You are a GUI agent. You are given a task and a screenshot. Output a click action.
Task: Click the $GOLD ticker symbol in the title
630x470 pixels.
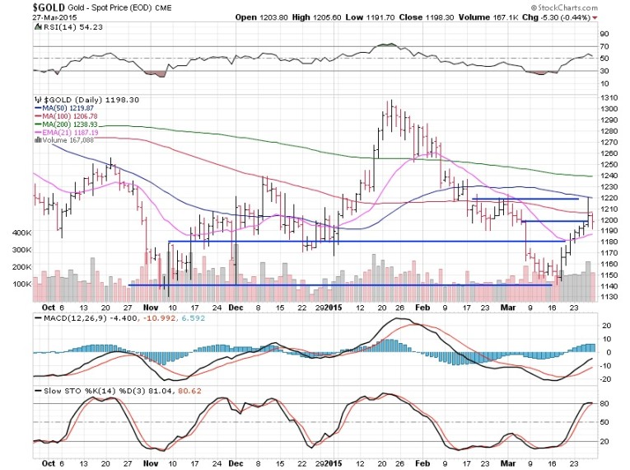(x=22, y=6)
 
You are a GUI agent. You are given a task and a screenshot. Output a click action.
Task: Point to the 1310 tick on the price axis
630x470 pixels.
(x=609, y=98)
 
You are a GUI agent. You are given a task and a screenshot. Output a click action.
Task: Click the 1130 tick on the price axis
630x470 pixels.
(x=609, y=298)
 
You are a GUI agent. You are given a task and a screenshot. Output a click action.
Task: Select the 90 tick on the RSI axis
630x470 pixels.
(x=604, y=34)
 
